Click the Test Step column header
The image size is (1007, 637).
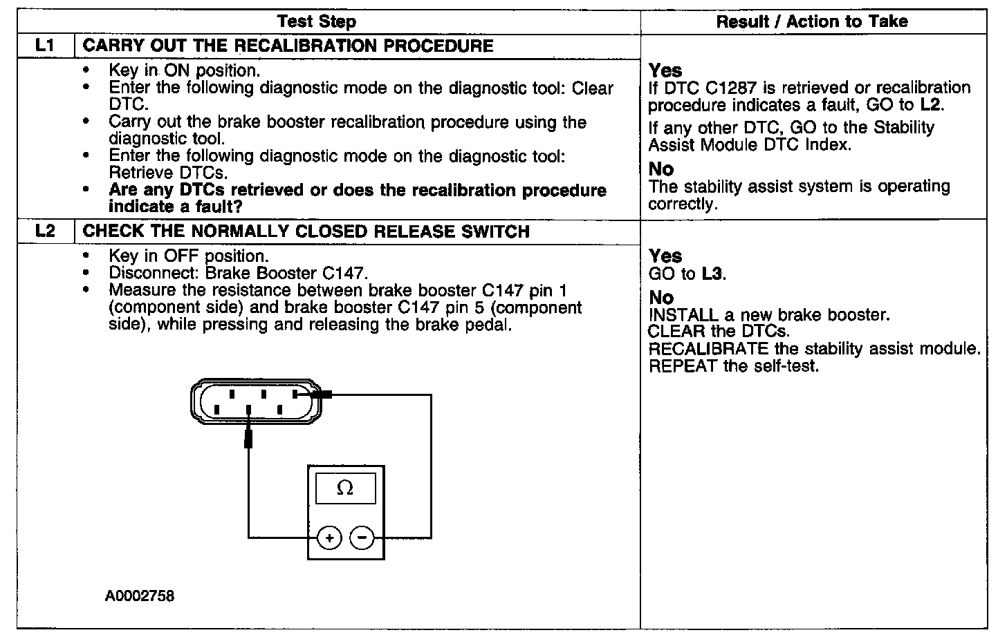[317, 21]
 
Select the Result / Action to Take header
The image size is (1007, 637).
[812, 21]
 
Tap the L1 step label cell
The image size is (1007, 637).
[45, 46]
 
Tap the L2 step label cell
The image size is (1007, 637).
[45, 231]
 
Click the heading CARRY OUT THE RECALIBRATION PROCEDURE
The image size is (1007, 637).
[288, 46]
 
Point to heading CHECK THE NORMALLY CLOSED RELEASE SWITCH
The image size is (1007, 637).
[306, 231]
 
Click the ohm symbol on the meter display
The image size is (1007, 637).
[344, 488]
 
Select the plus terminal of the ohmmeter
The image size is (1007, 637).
[330, 538]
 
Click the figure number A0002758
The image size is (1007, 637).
[140, 596]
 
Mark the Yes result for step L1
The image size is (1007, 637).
[665, 70]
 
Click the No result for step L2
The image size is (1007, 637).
[661, 297]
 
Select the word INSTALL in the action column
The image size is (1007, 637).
[683, 315]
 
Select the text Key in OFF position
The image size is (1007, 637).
[188, 256]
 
